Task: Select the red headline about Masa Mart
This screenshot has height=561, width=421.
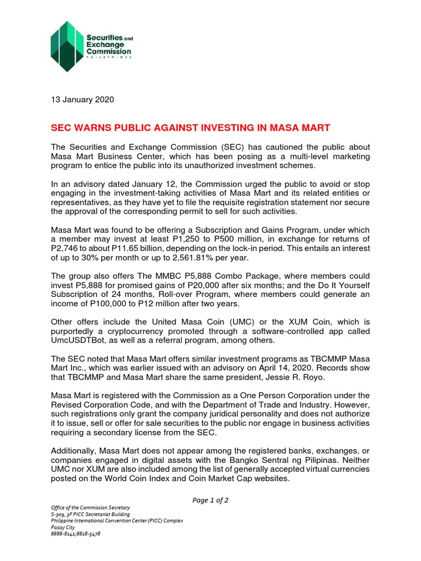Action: click(190, 128)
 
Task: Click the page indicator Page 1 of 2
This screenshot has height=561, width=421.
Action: click(210, 500)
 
